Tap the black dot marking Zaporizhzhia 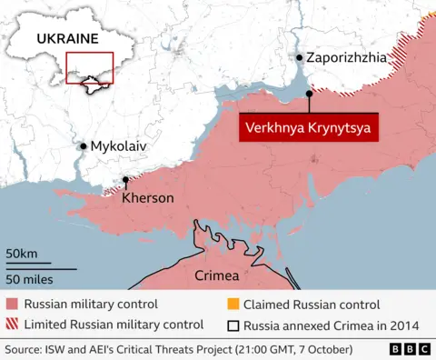[300, 57]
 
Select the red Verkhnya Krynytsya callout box [309, 127]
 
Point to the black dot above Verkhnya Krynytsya [310, 93]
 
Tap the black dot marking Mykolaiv [84, 145]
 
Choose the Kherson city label [147, 197]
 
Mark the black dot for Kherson [124, 181]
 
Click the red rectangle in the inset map [89, 68]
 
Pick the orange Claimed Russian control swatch [233, 305]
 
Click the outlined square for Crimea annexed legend [233, 325]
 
